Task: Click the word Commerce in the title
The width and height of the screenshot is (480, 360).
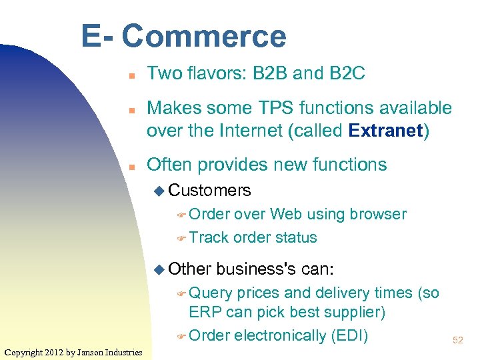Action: [204, 36]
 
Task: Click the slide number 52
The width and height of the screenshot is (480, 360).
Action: [458, 340]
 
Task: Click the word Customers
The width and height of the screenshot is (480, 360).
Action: [209, 191]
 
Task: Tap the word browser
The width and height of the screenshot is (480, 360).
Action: [378, 214]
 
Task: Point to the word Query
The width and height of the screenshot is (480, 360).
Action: [211, 293]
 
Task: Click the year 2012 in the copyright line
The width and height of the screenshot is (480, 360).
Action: [55, 352]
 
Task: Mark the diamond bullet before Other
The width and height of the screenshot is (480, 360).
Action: [158, 269]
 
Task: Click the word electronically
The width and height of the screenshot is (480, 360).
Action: [281, 335]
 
